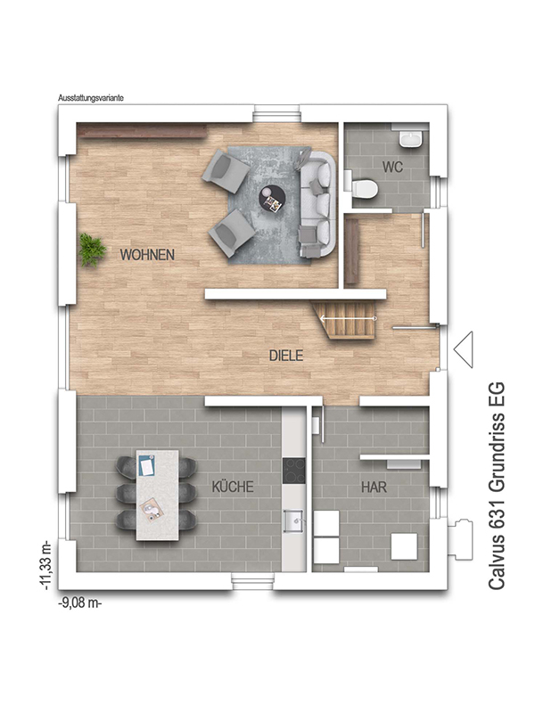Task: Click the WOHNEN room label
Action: coord(147,255)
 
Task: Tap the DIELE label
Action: coord(286,356)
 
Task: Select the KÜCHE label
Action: coord(233,487)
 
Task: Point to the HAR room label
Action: coord(374,488)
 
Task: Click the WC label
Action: coord(392,167)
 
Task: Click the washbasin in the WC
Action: coord(413,138)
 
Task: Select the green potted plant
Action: coord(93,250)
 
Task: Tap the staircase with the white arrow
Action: coord(347,320)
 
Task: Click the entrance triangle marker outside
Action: coord(464,349)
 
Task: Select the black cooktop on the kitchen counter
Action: coord(293,471)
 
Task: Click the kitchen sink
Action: coord(294,520)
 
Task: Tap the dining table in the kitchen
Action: coord(157,495)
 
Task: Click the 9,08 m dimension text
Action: coord(80,603)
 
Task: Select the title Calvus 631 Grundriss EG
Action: coord(497,487)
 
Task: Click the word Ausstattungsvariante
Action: coord(91,98)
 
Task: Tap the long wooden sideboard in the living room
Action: coord(143,132)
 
